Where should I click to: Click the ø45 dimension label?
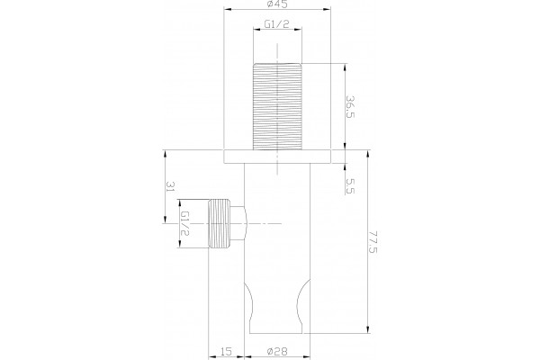pyautogui.click(x=277, y=4)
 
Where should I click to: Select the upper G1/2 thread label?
pyautogui.click(x=276, y=23)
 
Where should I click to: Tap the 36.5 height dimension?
pyautogui.click(x=350, y=107)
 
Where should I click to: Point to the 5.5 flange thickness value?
pyautogui.click(x=351, y=186)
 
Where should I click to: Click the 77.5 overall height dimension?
pyautogui.click(x=373, y=242)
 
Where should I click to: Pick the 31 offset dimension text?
pyautogui.click(x=171, y=186)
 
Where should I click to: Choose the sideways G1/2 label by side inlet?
pyautogui.click(x=185, y=223)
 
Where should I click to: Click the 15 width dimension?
pyautogui.click(x=226, y=351)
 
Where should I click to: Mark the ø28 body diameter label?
pyautogui.click(x=277, y=351)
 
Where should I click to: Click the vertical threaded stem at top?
pyautogui.click(x=277, y=106)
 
